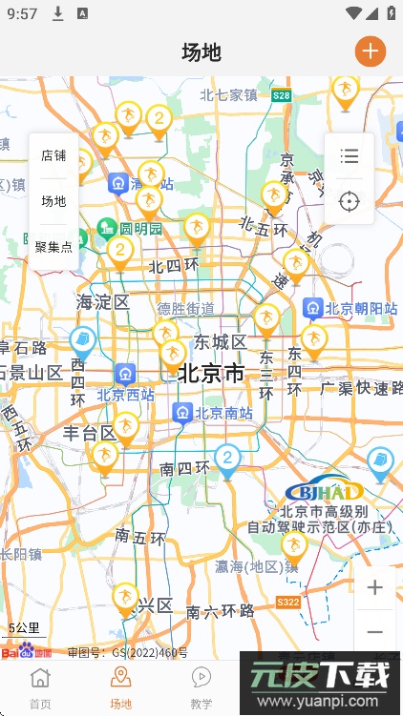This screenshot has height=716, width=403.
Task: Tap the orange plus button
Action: coord(371,51)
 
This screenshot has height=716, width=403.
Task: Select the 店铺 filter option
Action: coord(53,155)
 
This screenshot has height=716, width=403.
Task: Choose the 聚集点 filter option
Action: coord(53,247)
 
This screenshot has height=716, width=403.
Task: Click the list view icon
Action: coord(350,156)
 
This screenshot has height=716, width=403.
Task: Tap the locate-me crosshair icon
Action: coord(350,201)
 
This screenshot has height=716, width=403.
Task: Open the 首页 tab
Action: coord(40,686)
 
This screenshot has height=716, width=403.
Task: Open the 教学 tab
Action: coord(201,686)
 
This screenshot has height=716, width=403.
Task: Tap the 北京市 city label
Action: coord(211,373)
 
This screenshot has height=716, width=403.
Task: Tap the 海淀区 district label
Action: coord(103,301)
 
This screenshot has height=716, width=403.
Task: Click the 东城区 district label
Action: coord(221,341)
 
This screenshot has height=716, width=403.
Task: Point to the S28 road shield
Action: coord(281,95)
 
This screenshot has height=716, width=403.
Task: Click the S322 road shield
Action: coord(288,603)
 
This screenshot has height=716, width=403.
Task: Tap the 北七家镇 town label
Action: coord(229,94)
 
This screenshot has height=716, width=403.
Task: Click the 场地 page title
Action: coord(201,51)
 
